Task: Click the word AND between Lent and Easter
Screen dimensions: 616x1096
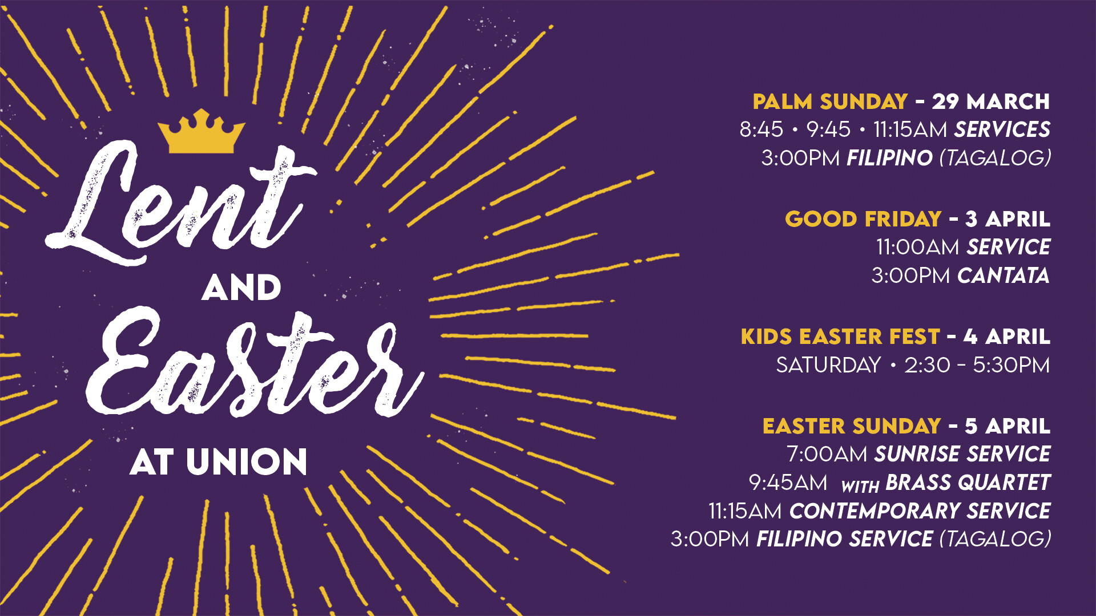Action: click(241, 288)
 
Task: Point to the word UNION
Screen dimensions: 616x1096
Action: click(247, 462)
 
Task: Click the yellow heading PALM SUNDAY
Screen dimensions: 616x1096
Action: click(830, 102)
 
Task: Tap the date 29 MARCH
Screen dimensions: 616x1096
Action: click(990, 102)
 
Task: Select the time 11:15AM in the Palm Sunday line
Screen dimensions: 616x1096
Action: click(910, 130)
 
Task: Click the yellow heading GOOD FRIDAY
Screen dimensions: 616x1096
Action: click(863, 219)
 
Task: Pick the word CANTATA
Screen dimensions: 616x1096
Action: click(1003, 276)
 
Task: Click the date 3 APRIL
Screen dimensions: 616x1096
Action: click(1008, 219)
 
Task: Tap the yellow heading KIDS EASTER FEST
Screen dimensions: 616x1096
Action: click(840, 337)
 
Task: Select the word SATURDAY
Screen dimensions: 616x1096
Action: click(828, 366)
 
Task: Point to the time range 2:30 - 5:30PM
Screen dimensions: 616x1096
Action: click(977, 366)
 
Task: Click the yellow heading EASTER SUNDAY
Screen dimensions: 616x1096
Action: click(852, 427)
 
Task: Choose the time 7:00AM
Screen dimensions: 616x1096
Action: click(827, 455)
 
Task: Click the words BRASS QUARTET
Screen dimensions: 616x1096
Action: click(968, 483)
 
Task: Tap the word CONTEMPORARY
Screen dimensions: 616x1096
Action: click(874, 512)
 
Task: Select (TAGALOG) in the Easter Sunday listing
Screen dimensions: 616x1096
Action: click(995, 540)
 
